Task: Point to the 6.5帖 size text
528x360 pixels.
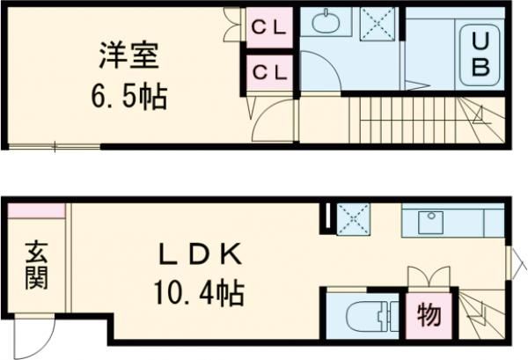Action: (x=128, y=95)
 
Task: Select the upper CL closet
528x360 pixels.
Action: (x=269, y=29)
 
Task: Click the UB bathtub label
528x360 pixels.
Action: (x=480, y=55)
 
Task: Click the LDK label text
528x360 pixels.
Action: (x=199, y=255)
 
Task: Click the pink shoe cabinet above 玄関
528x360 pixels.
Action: (x=36, y=210)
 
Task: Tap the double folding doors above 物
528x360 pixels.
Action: (x=429, y=278)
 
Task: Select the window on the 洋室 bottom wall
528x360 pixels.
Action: (x=53, y=146)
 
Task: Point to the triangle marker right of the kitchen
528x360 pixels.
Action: (x=517, y=260)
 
